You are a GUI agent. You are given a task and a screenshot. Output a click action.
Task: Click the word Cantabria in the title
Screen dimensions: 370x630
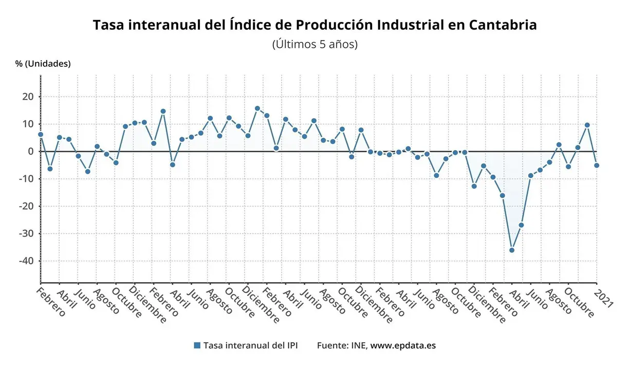[503, 25]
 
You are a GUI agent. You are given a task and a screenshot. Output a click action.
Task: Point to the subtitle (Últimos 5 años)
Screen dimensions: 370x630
[314, 44]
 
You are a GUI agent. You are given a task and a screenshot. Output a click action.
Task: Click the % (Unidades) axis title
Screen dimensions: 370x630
[43, 64]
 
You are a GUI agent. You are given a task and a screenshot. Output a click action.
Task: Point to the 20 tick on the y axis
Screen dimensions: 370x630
[28, 97]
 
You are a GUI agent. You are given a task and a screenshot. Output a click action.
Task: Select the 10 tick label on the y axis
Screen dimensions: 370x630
[28, 124]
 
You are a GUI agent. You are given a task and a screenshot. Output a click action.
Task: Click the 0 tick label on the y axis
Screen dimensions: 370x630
[31, 152]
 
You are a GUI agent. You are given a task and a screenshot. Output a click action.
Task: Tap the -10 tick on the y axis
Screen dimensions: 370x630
[26, 179]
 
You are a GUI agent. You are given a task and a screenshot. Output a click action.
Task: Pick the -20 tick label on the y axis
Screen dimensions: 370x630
[26, 206]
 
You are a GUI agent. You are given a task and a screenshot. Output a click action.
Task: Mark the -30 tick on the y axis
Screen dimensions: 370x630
[26, 234]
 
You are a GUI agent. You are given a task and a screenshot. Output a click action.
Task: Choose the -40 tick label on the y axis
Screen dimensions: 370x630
[26, 261]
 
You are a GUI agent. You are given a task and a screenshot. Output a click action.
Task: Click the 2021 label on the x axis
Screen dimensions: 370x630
[603, 298]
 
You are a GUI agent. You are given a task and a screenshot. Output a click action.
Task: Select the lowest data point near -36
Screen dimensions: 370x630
[512, 250]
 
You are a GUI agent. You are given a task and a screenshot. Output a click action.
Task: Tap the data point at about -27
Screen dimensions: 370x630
[521, 225]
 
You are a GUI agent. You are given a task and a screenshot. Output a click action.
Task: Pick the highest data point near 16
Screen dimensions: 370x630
[257, 108]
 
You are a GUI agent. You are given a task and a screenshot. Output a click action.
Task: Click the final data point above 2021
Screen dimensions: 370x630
[597, 165]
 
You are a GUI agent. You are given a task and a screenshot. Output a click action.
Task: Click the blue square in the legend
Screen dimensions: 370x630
[197, 345]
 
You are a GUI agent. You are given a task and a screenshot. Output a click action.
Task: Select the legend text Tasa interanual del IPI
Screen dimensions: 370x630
[250, 345]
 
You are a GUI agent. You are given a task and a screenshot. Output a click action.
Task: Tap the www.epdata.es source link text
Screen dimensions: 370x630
[403, 345]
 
